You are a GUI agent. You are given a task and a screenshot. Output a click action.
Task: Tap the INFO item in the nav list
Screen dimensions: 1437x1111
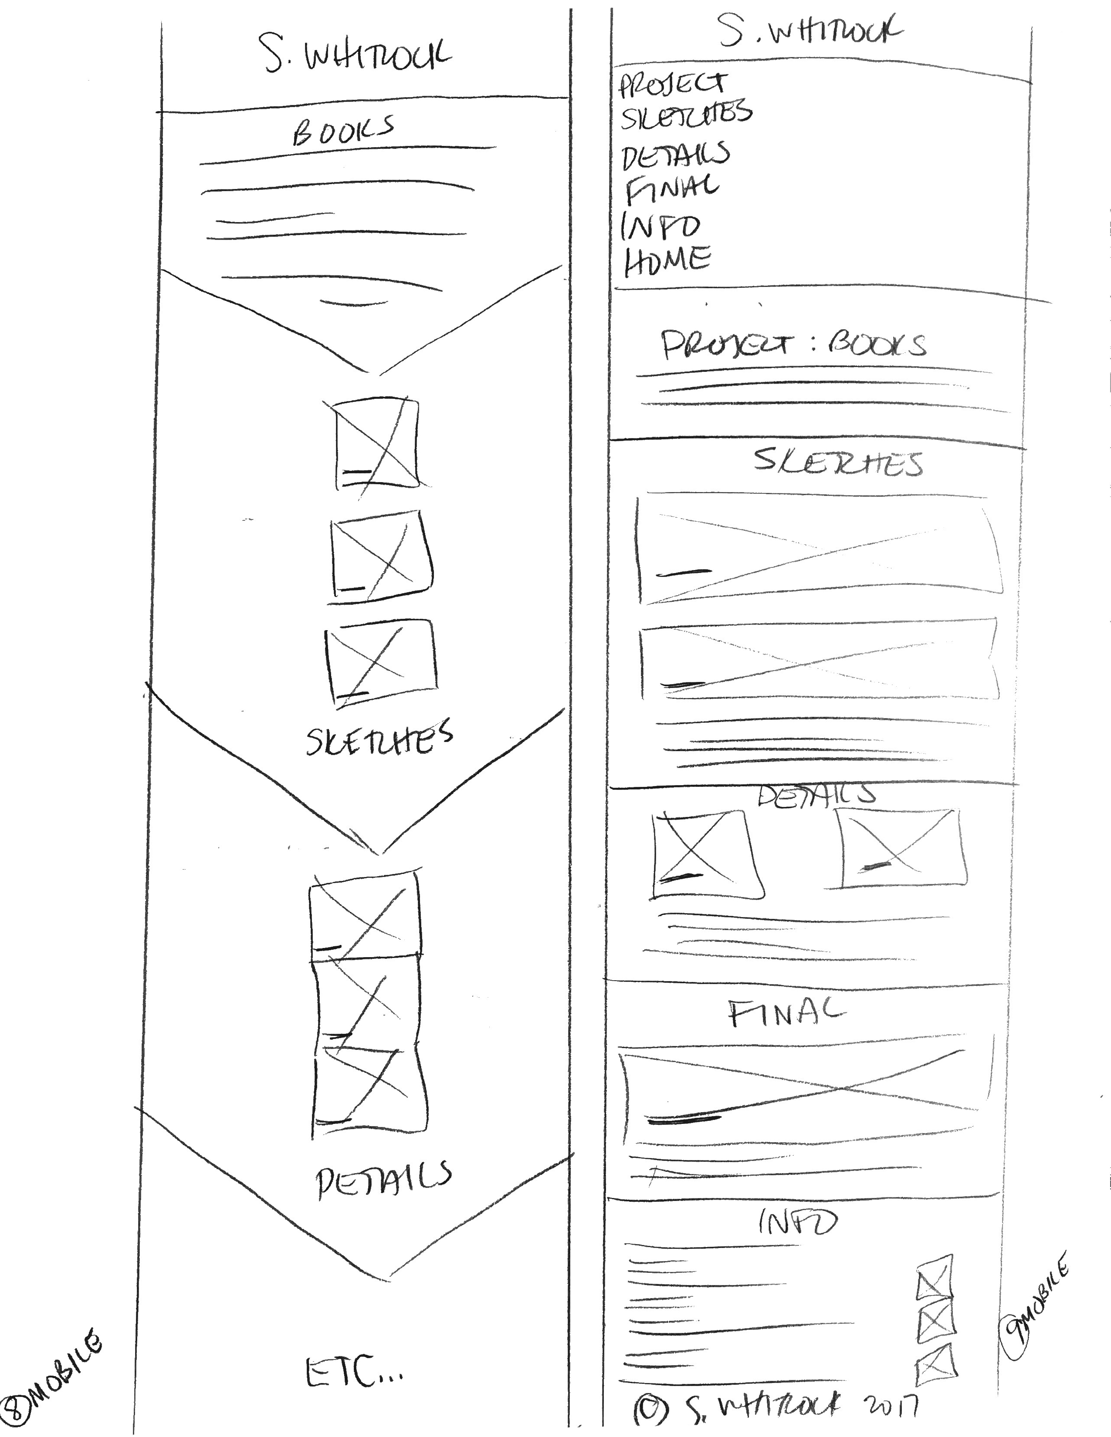[660, 226]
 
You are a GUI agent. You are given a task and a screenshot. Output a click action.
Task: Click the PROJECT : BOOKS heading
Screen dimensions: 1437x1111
[793, 345]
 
